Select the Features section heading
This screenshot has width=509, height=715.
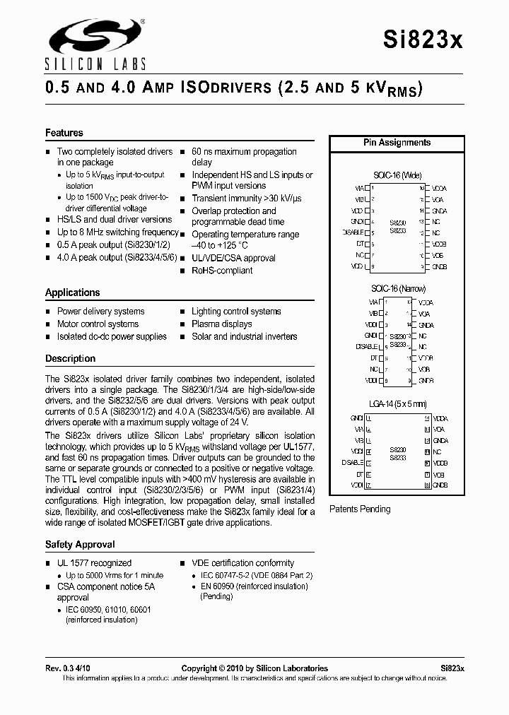64,133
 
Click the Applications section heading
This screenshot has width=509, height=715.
73,292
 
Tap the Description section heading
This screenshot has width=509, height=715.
71,359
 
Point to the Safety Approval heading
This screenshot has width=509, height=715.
80,545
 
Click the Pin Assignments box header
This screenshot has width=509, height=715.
397,143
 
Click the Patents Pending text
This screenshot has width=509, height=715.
360,509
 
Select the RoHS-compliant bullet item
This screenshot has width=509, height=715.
222,271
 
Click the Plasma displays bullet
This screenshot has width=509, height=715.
222,324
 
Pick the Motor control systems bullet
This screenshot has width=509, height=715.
98,324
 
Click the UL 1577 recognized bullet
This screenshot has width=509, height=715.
94,563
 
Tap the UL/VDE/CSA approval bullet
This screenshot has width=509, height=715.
233,259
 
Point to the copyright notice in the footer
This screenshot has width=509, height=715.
255,668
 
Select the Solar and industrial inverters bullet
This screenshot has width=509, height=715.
244,337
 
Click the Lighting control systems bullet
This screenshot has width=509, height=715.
236,312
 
